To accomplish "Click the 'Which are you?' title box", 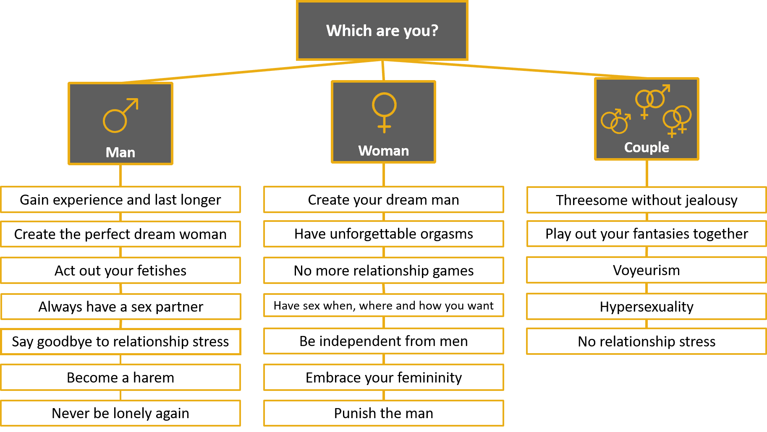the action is (382, 31).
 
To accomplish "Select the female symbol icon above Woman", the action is (384, 112).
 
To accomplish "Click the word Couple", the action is (647, 147).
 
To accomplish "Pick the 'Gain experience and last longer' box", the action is (120, 200).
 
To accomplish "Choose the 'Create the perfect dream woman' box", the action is (120, 234).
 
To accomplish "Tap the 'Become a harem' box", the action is (120, 377).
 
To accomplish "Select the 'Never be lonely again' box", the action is (120, 413).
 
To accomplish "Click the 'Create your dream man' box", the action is (384, 200).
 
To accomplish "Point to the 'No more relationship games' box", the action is (384, 271).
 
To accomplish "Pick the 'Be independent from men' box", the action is (384, 341).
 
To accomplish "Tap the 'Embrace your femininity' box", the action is (384, 377).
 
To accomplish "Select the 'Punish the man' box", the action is (384, 413).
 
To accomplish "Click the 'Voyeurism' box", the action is (647, 270).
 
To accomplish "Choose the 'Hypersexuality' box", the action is (647, 307).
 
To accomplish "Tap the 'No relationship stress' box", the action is (647, 341).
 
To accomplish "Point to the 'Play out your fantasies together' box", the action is (647, 234).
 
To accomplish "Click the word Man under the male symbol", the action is (120, 152).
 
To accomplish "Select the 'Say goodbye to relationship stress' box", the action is (120, 341).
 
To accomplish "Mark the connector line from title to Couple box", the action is (514, 69).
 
